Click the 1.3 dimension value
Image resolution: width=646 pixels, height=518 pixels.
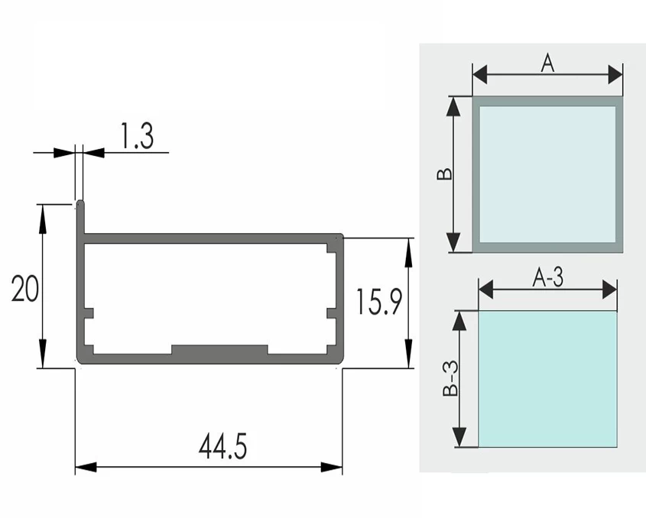pos(137,135)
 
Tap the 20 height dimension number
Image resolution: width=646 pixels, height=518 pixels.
pos(25,289)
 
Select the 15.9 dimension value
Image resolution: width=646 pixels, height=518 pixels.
pos(378,302)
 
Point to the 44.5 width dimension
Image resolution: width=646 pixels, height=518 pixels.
pos(223,446)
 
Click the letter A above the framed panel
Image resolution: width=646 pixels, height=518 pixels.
pos(547,63)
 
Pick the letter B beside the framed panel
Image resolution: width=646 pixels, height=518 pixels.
pos(444,174)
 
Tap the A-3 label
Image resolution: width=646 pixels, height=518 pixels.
pos(548,277)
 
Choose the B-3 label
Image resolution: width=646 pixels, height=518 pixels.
pos(450,378)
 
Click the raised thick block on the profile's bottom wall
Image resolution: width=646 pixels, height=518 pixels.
pos(219,350)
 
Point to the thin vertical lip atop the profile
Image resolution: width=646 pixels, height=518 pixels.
pos(81,217)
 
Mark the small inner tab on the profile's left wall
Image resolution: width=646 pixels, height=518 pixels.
pos(89,313)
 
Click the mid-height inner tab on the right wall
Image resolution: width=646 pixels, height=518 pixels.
pos(332,313)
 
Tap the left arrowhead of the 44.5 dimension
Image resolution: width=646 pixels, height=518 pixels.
pos(86,468)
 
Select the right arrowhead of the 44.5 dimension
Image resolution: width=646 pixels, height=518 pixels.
pos(332,468)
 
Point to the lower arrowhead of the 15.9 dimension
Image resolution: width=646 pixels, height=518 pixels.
pos(408,353)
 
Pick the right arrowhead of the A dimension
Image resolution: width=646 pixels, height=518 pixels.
pos(615,75)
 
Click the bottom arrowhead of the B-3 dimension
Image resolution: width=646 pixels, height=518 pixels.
pos(459,437)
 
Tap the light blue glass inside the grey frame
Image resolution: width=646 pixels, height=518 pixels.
pos(547,174)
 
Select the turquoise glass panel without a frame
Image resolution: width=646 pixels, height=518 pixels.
pos(547,379)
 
